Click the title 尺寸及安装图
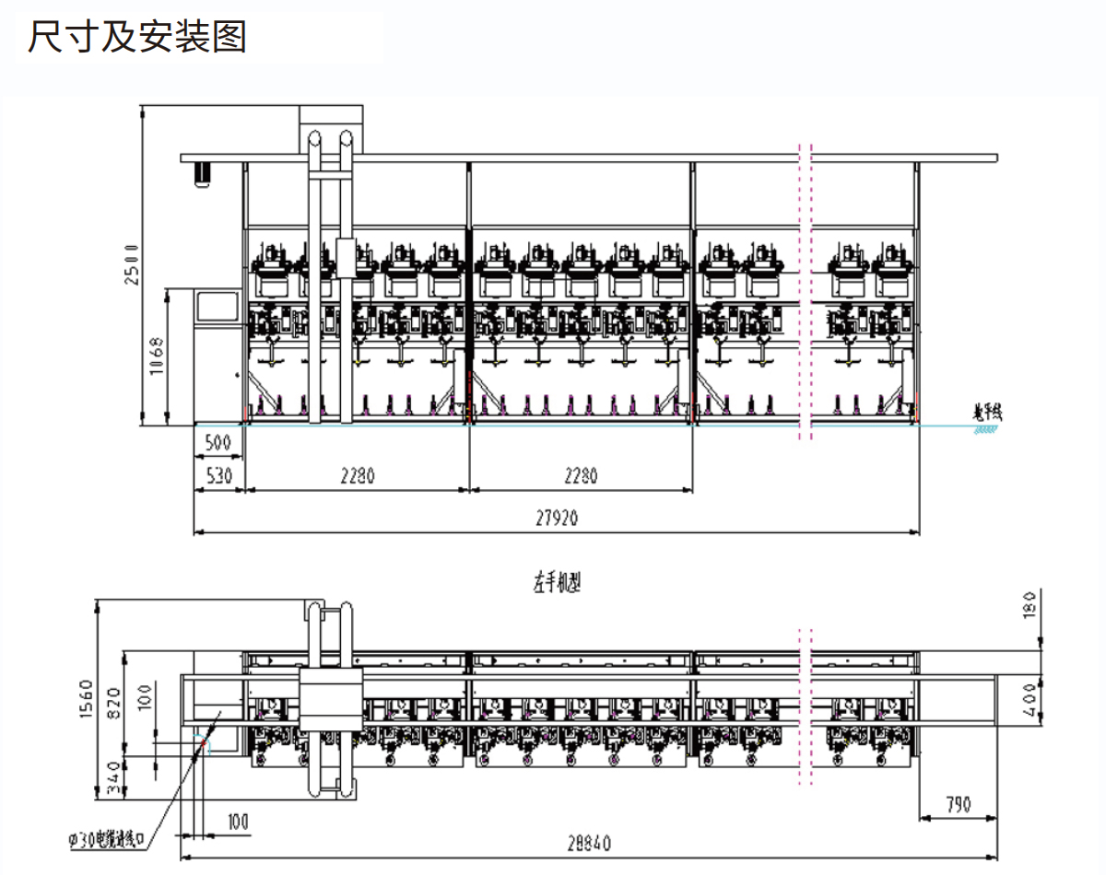(137, 38)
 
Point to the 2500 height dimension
(131, 264)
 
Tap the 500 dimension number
(218, 442)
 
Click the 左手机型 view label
(557, 582)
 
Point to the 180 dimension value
(1030, 605)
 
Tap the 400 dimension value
(1030, 705)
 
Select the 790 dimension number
(958, 805)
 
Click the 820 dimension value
(115, 705)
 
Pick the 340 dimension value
(115, 778)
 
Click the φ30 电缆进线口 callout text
(108, 840)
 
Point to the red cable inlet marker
(203, 740)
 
